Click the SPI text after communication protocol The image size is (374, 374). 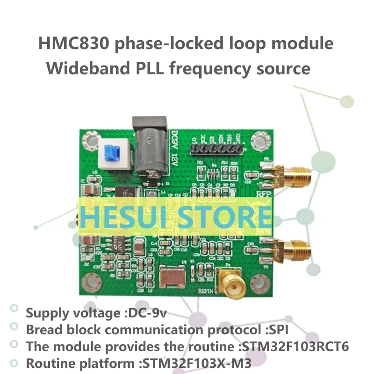278,330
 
